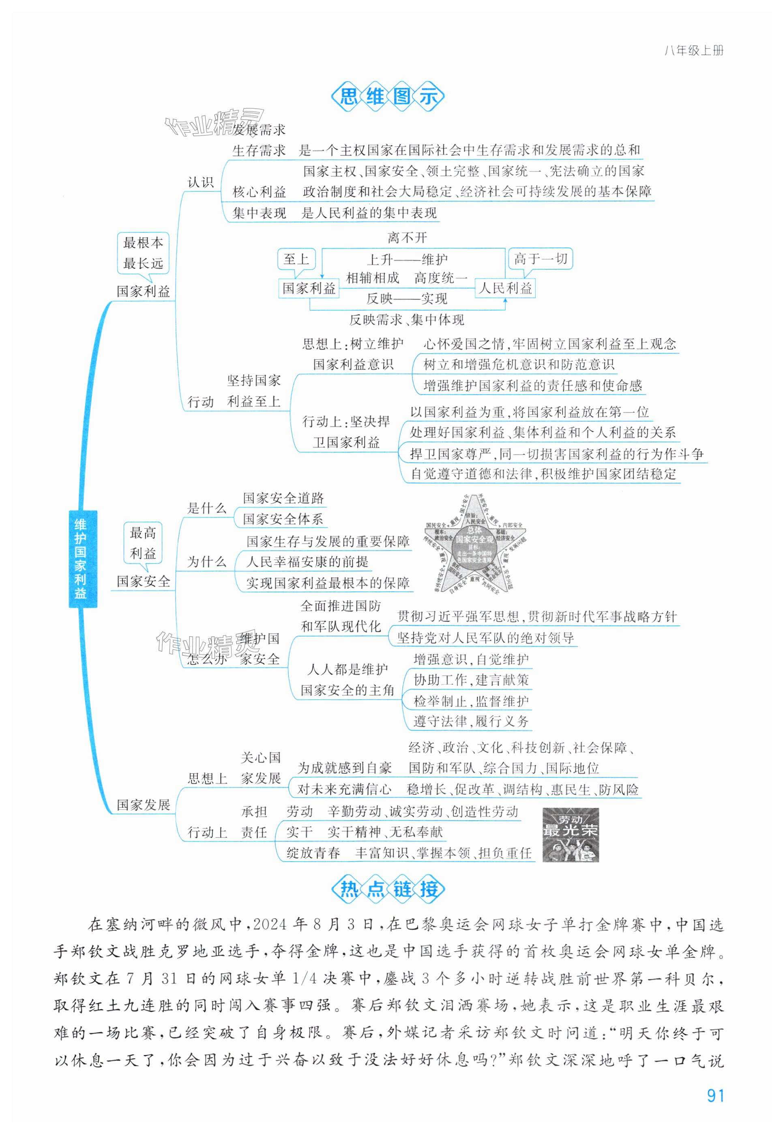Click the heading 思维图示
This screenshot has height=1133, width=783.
click(x=388, y=97)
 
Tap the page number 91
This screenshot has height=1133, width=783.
click(x=715, y=1095)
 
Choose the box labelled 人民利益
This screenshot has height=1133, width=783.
click(x=505, y=288)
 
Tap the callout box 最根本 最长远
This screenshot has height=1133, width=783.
click(x=143, y=253)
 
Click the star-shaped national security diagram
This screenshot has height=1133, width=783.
click(x=474, y=545)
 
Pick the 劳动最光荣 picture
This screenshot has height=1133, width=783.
click(x=570, y=834)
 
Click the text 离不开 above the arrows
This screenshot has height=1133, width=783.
click(x=407, y=238)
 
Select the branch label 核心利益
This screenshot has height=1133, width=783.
click(x=259, y=192)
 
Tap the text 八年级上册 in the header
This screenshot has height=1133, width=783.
click(x=693, y=51)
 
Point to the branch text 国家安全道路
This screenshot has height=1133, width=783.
click(x=283, y=498)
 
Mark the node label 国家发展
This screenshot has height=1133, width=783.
click(x=143, y=805)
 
